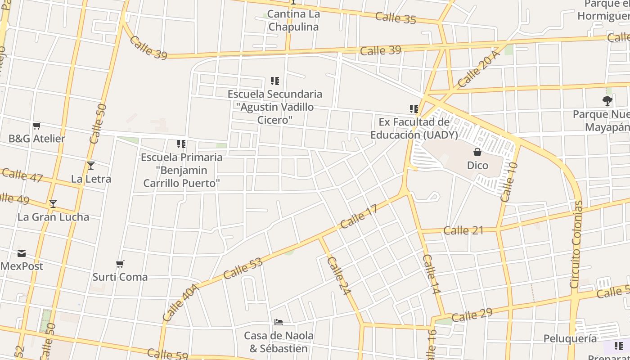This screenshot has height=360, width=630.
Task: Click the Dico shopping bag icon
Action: [477, 153]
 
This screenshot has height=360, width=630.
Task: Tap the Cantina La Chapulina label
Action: [293, 20]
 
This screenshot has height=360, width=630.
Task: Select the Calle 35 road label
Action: [396, 18]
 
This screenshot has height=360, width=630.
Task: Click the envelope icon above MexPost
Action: [22, 253]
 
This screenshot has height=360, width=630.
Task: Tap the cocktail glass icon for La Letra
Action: [91, 166]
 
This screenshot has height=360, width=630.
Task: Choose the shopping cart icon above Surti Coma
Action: [120, 264]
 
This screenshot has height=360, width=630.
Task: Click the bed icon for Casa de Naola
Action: [279, 322]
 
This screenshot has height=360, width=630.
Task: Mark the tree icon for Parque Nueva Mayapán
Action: [607, 101]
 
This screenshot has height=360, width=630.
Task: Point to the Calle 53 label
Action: [243, 268]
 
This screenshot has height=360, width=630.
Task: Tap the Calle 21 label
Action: [463, 230]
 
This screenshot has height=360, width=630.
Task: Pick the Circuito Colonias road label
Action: [576, 244]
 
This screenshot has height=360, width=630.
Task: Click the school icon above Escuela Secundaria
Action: [275, 81]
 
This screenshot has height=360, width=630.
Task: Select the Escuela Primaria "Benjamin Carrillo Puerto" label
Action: [181, 170]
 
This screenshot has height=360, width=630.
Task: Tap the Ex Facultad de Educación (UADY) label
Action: [414, 128]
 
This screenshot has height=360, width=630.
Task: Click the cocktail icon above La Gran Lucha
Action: [53, 204]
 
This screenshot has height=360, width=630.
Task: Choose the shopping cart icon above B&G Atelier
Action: [37, 126]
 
